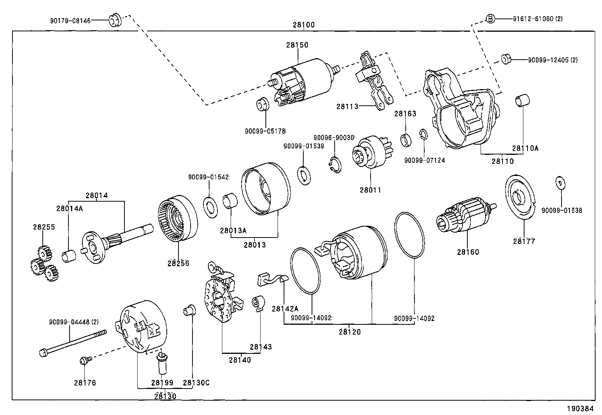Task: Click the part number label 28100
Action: pos(303,25)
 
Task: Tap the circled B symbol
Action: pos(490,19)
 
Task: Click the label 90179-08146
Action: pos(70,21)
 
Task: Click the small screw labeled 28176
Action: pos(84,361)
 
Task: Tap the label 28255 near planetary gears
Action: pos(44,227)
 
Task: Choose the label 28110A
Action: pos(525,148)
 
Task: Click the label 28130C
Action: pos(196,383)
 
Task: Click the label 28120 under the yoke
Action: pos(349,332)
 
